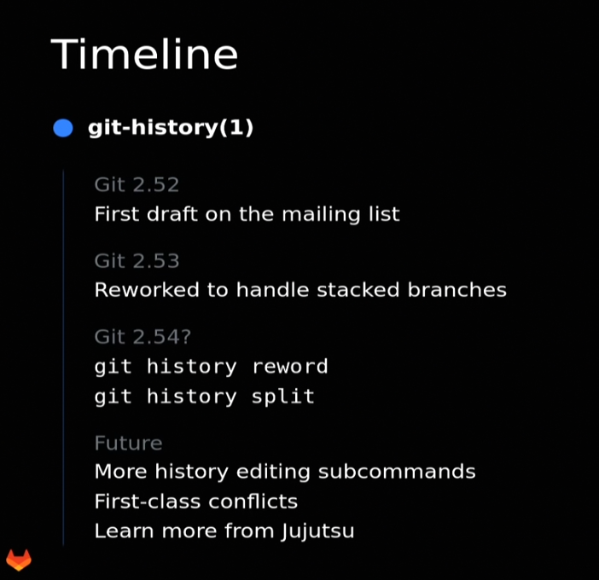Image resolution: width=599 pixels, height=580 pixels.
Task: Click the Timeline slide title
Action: coord(144,55)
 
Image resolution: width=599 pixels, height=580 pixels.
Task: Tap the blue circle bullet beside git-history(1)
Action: coord(63,128)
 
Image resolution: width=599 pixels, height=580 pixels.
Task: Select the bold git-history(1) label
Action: coord(171,128)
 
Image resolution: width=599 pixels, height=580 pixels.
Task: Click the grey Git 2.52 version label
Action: coord(137,185)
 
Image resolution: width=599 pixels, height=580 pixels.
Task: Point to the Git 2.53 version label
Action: coord(137,261)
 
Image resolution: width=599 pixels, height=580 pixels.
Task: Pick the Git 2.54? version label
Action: coord(142,337)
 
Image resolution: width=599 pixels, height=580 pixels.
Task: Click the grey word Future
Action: coord(128,444)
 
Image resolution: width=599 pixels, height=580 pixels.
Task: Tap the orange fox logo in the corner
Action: coord(19,560)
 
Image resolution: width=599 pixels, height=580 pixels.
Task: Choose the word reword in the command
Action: coord(290,367)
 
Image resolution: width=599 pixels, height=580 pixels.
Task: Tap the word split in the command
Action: coord(283,397)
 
